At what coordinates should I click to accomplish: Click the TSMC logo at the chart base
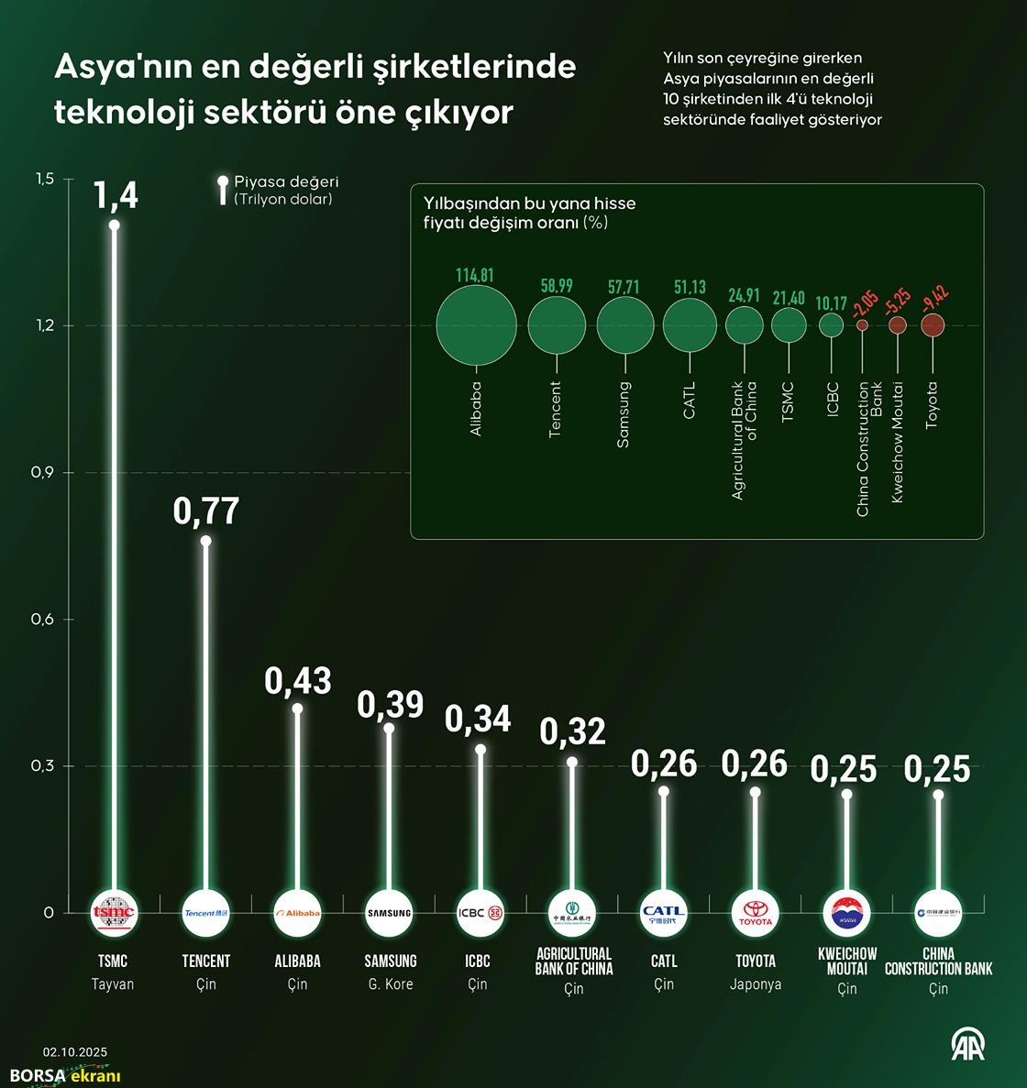tap(115, 912)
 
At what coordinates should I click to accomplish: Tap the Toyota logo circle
tap(756, 912)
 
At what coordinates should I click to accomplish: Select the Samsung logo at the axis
tap(389, 912)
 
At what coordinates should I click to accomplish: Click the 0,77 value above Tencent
tap(206, 511)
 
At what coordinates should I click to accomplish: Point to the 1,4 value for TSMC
tap(116, 194)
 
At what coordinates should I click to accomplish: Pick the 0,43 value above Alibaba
tap(298, 680)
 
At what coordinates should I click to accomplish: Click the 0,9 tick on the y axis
tap(42, 473)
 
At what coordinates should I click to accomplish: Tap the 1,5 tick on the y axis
tap(44, 180)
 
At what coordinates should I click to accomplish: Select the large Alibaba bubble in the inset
tap(476, 325)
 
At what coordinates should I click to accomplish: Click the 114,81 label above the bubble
tap(475, 275)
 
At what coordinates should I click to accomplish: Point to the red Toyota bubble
tap(933, 324)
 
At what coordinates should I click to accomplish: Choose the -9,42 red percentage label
tap(935, 299)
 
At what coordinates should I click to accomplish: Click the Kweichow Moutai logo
tap(846, 912)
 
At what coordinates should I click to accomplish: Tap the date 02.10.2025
tap(75, 1052)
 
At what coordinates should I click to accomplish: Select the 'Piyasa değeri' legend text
tap(286, 181)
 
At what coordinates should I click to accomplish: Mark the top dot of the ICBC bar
tap(480, 750)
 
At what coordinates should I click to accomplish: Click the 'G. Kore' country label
tap(391, 984)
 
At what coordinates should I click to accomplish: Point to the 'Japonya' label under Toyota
tap(756, 984)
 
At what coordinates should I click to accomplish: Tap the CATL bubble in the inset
tap(690, 324)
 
